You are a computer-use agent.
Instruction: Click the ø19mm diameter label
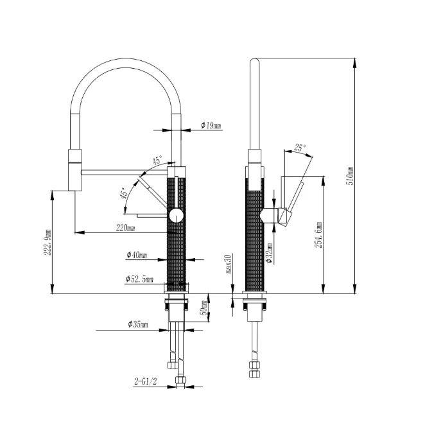tap(211, 125)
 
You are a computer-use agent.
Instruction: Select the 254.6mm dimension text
tap(319, 235)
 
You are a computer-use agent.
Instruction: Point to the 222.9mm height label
tap(46, 241)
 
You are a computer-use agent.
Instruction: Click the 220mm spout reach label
tap(125, 227)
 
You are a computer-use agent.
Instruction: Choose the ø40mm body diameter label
tap(137, 256)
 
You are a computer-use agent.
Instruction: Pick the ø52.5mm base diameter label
tap(139, 279)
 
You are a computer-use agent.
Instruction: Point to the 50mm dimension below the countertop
tap(205, 308)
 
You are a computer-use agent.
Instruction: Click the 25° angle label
tap(300, 148)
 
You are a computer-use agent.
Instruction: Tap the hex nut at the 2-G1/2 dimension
tap(180, 383)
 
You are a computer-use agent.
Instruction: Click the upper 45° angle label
tap(156, 160)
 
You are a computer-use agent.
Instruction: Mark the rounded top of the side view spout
tap(255, 62)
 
